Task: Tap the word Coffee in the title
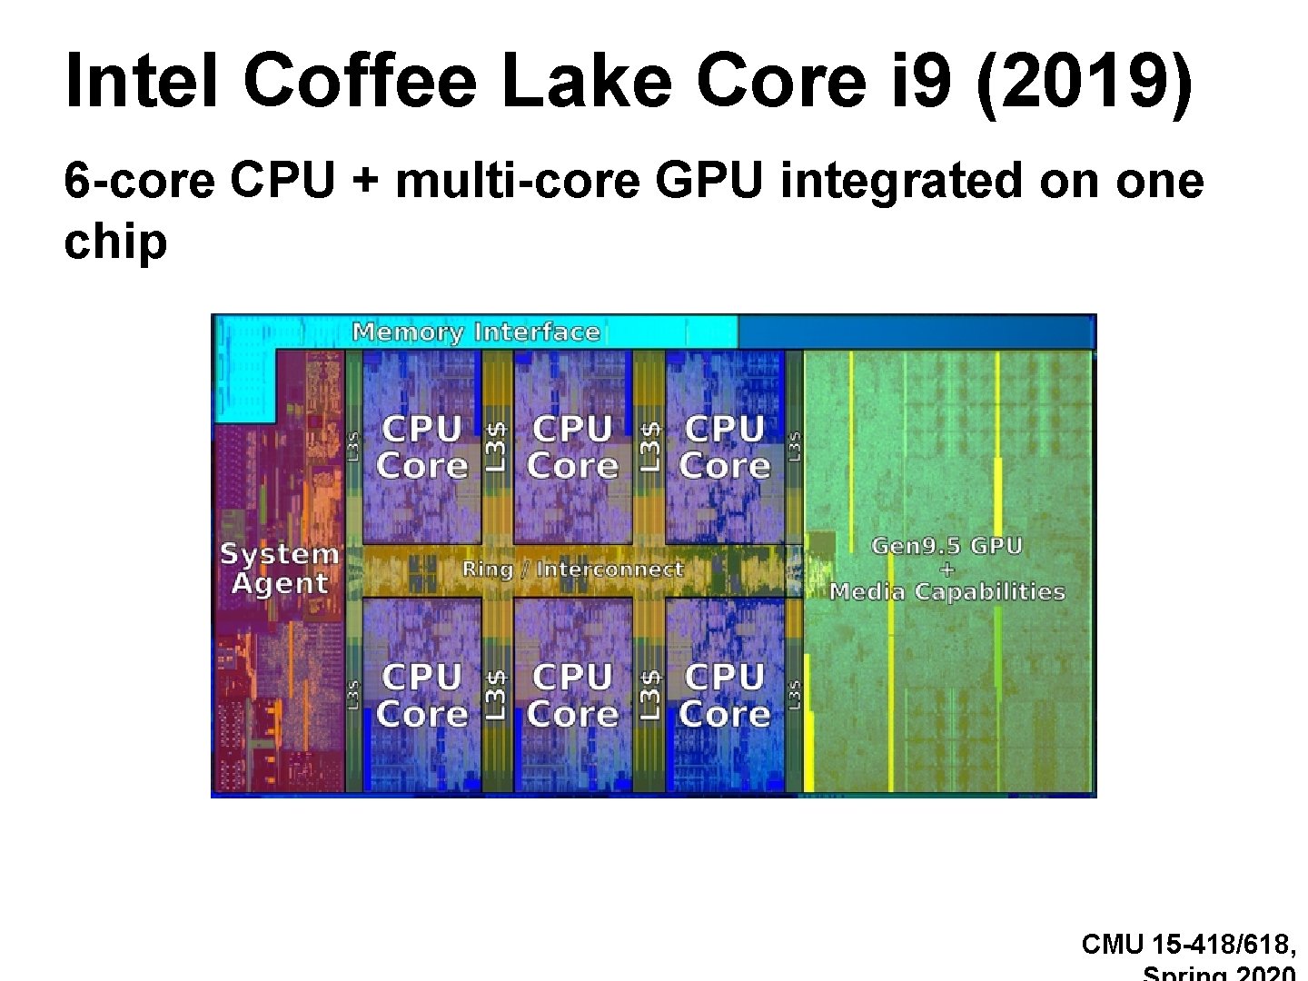(x=360, y=80)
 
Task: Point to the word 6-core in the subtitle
(x=139, y=181)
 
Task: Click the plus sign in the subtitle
(x=366, y=181)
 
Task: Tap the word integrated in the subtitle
(x=901, y=181)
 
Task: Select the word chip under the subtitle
(x=115, y=242)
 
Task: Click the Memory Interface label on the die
(x=476, y=332)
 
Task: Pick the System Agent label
(x=279, y=568)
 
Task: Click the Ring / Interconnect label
(x=572, y=570)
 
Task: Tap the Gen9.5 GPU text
(x=946, y=546)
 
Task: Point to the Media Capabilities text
(x=946, y=592)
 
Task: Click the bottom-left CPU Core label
(x=421, y=696)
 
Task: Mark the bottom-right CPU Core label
(x=724, y=696)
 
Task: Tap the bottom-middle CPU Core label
(x=572, y=696)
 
